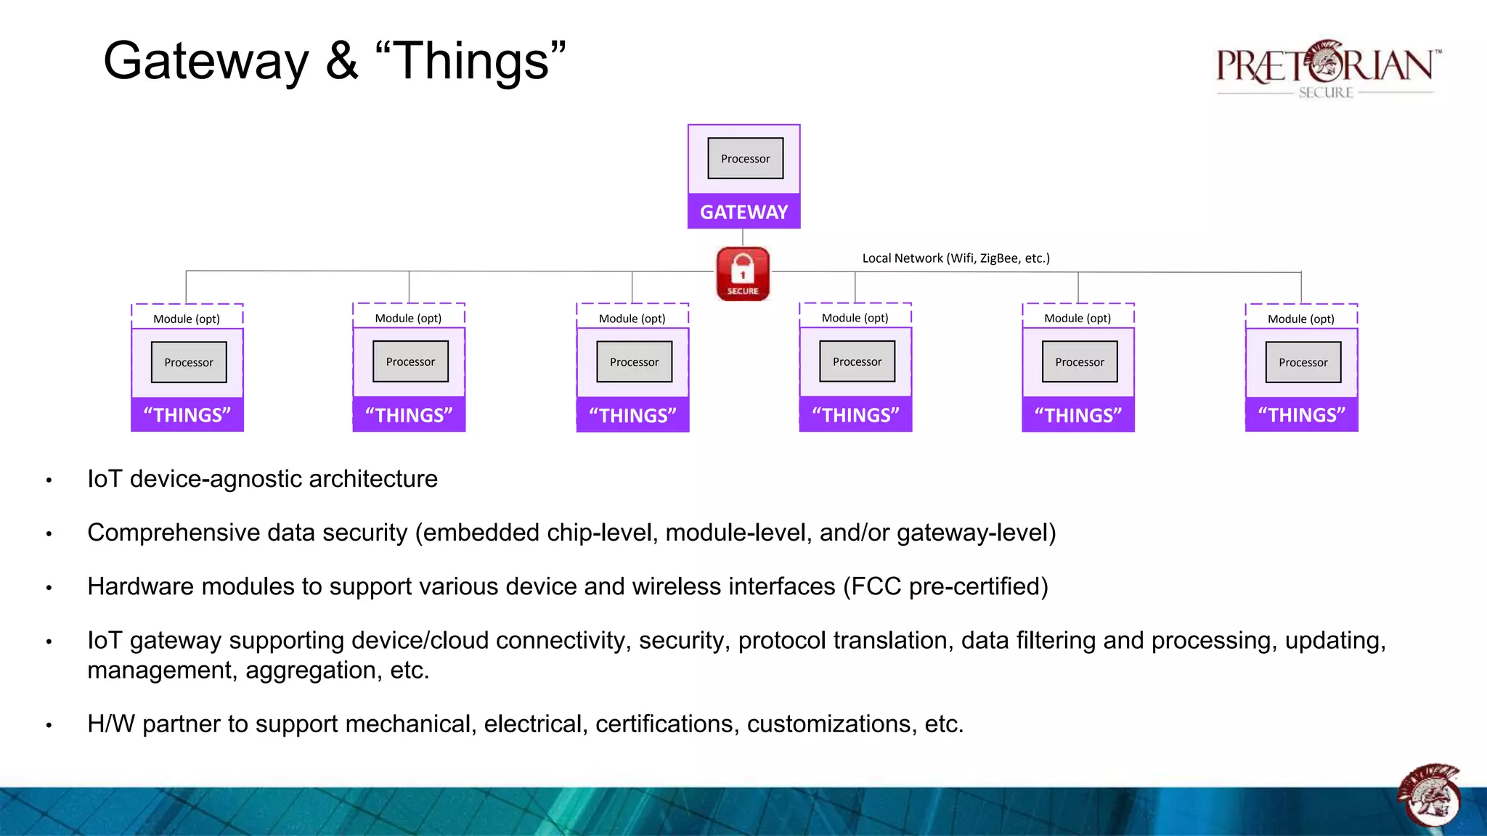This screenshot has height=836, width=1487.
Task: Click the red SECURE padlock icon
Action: click(x=743, y=274)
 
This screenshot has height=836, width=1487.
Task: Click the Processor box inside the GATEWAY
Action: click(x=745, y=158)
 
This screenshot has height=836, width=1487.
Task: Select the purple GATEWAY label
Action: click(x=743, y=212)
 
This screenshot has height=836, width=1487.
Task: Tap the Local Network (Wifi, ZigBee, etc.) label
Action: click(x=956, y=258)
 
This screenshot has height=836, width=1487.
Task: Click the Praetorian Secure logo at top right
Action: click(x=1326, y=69)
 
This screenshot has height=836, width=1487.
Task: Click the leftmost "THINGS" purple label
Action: click(x=187, y=415)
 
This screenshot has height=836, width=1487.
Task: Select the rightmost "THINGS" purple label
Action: click(x=1301, y=415)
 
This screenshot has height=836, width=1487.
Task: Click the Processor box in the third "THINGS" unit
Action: click(x=634, y=362)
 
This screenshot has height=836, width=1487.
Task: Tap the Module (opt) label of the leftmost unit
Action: click(x=187, y=319)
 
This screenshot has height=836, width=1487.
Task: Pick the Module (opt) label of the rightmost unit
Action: click(x=1300, y=319)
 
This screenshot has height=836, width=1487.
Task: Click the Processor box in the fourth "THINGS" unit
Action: click(x=857, y=361)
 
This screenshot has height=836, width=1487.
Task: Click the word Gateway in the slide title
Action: click(x=206, y=62)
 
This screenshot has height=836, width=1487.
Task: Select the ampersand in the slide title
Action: click(x=341, y=62)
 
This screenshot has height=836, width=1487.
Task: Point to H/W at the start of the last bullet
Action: click(x=111, y=724)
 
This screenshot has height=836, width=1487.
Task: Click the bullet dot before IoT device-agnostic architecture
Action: click(x=49, y=480)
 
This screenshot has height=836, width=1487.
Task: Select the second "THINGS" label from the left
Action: click(x=409, y=415)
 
